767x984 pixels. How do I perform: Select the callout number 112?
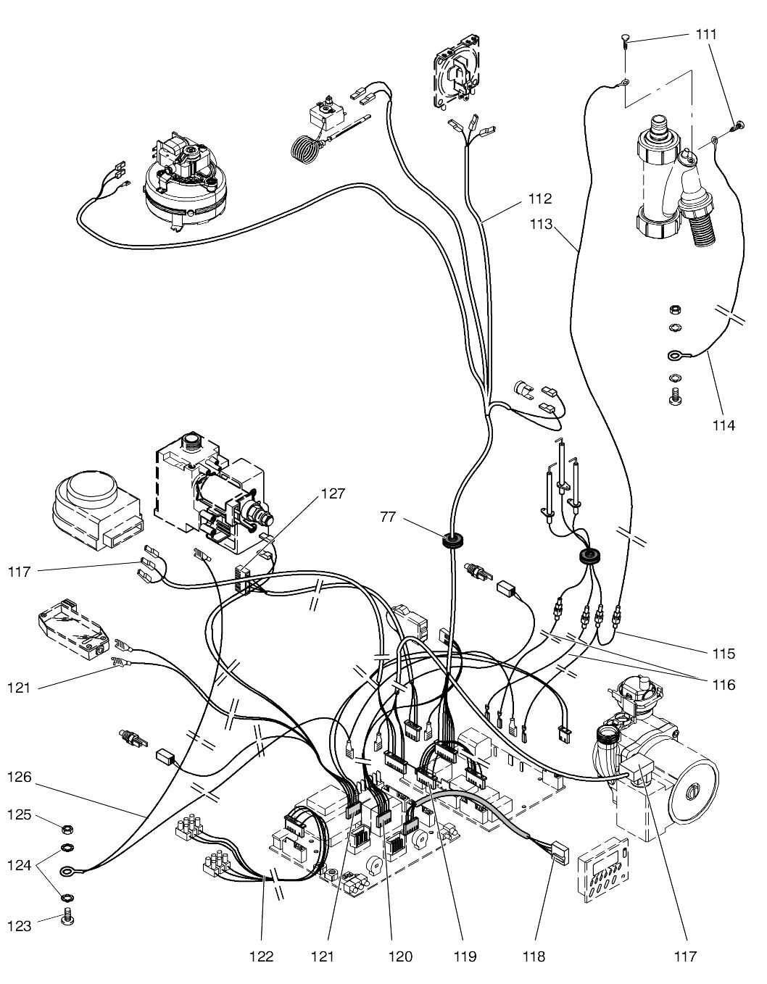click(x=539, y=198)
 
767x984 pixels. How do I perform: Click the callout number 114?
click(x=723, y=425)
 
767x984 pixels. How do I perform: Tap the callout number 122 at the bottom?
click(x=262, y=956)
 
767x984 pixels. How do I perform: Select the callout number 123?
click(x=20, y=926)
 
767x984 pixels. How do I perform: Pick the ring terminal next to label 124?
click(x=67, y=872)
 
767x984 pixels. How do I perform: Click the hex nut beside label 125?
click(x=66, y=828)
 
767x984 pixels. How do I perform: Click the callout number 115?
click(x=723, y=654)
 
